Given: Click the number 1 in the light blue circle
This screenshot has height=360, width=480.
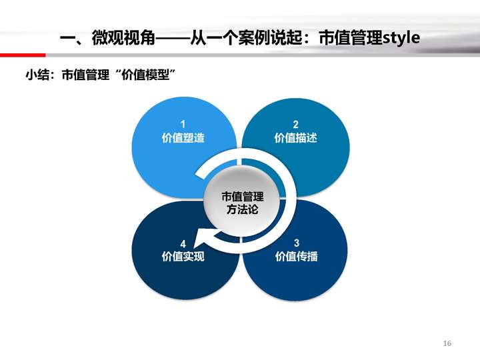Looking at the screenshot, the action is coord(183,124).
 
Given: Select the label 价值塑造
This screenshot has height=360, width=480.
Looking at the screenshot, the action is coord(183,138).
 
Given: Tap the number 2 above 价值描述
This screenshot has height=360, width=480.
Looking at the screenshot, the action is coord(295,124).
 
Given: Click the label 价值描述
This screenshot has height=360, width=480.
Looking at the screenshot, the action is coord(296,138).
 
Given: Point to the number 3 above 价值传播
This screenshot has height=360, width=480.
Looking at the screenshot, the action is coord(296,243).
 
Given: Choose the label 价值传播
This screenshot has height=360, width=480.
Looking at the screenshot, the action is coord(296,256).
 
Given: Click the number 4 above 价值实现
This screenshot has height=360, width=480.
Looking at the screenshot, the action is coord(183,244).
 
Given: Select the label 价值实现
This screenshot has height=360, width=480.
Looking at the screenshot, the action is coord(183,256).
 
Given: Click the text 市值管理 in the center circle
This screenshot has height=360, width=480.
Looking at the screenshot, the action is coord(243,197).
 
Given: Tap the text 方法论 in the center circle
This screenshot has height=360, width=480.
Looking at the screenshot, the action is coord(243,209).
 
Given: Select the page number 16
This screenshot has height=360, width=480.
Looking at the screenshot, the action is coord(447,343).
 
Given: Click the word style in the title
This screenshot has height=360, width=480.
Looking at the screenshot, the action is coord(401,38).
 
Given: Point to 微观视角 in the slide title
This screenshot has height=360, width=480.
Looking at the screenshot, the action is coord(123,38).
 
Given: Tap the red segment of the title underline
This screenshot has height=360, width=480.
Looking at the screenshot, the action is coord(23,55).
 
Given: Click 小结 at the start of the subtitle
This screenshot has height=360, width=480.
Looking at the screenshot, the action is coord(37,75).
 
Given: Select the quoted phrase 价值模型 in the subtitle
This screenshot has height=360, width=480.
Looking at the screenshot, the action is coord(145,75).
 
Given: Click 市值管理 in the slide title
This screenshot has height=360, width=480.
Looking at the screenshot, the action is coord(351,38).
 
